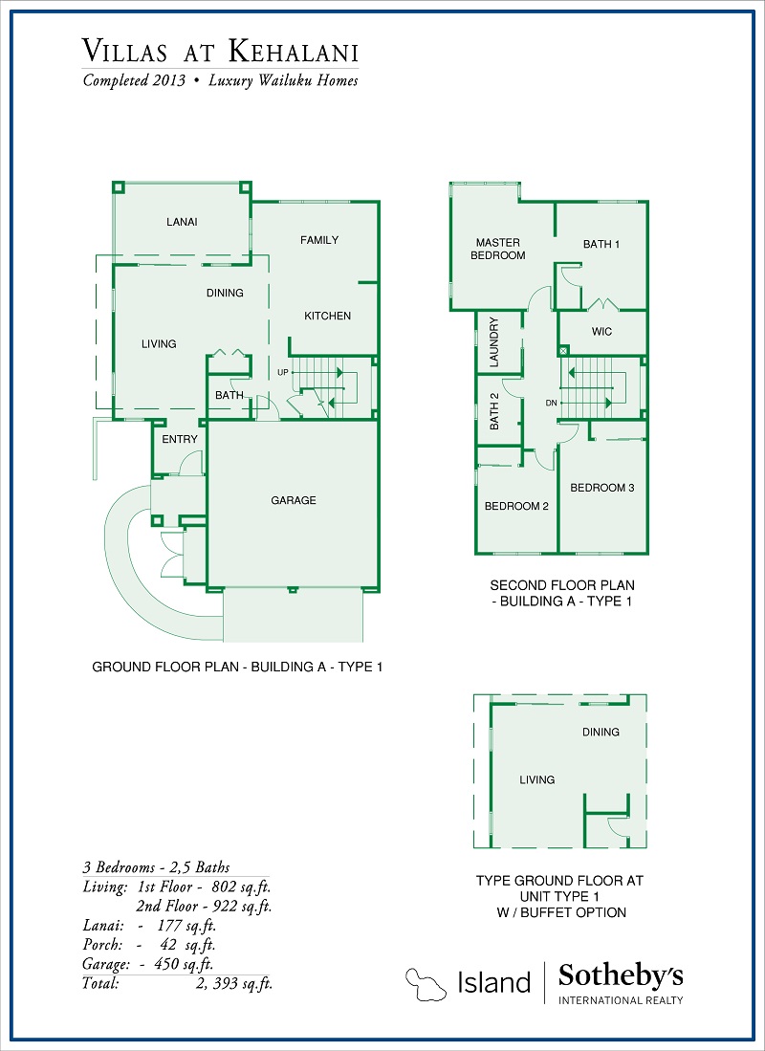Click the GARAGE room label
294,500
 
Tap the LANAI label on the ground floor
182,222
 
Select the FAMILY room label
319,240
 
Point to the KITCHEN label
328,316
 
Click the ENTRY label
180,439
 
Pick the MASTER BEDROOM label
498,249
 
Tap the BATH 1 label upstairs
601,244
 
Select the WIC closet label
601,332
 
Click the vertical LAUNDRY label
494,342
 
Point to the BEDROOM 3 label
602,488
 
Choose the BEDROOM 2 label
516,506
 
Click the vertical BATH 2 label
494,410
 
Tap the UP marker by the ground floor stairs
283,372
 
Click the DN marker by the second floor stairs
551,403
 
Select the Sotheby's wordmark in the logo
621,976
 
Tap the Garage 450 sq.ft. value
177,964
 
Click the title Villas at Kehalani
221,51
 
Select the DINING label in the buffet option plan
601,733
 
